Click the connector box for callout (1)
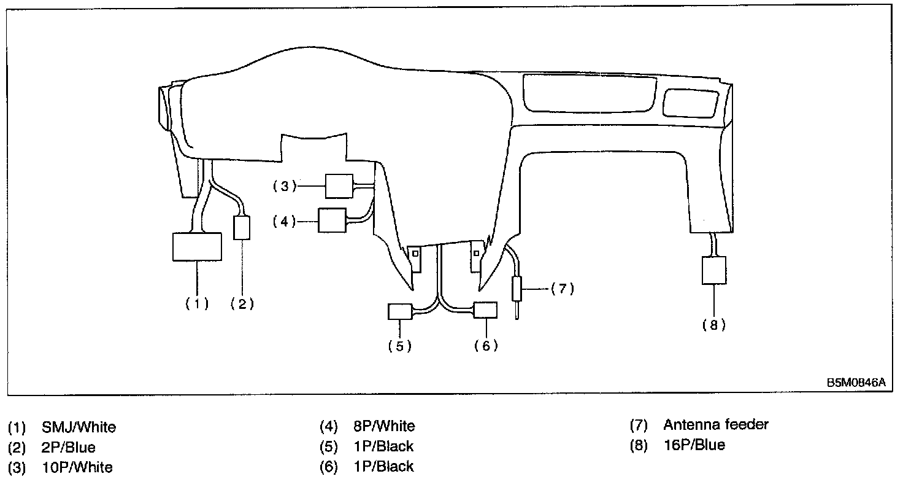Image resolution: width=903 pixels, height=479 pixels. (197, 247)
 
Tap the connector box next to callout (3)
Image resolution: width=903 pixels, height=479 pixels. (339, 185)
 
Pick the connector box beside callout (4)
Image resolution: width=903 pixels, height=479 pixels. (332, 220)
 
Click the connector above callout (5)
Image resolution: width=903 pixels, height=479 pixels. (399, 311)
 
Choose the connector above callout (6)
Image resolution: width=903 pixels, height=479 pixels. (485, 311)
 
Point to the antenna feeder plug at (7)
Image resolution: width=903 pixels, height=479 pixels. (517, 289)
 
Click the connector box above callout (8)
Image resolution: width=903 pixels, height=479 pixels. (713, 270)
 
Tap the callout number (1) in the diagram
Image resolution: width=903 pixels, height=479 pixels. (197, 303)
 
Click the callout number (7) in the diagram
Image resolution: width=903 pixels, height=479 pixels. (562, 289)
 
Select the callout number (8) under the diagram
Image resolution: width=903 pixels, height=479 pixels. (713, 325)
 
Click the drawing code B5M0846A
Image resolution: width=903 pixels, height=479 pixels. (856, 382)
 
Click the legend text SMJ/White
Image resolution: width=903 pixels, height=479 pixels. (79, 426)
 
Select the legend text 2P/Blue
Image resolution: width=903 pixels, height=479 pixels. (69, 446)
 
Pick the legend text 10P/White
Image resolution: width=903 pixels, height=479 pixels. (77, 467)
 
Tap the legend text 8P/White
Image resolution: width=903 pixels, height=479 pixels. (384, 426)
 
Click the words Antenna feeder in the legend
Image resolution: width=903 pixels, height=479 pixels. (715, 424)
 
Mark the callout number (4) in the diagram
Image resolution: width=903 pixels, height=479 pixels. (285, 221)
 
